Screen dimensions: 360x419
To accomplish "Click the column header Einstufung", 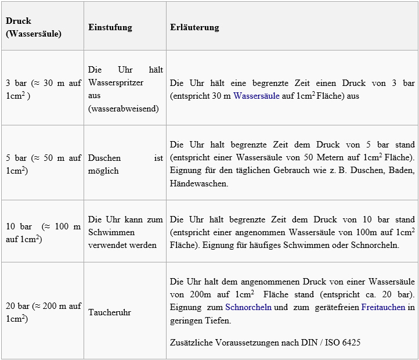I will point(110,27).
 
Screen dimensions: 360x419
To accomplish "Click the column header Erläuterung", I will point(194,27).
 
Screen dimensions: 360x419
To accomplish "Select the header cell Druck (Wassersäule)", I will point(33,27).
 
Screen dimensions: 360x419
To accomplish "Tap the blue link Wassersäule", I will point(256,96).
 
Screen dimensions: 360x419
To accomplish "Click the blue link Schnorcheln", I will point(248,307).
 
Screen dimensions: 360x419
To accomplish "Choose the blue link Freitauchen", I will point(383,307).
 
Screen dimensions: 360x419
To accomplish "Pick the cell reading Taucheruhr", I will point(110,312).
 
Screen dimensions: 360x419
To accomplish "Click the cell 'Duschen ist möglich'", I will point(125,164).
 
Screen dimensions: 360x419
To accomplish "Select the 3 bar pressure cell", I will point(44,89).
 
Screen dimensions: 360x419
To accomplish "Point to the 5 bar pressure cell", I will point(44,164).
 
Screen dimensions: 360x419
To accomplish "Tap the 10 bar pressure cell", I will point(44,232).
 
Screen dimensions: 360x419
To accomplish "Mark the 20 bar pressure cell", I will point(44,312).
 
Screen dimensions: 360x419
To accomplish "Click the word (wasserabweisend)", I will point(124,109).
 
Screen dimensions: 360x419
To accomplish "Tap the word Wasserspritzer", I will point(116,82).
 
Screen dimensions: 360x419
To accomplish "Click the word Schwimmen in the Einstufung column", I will point(110,232).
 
